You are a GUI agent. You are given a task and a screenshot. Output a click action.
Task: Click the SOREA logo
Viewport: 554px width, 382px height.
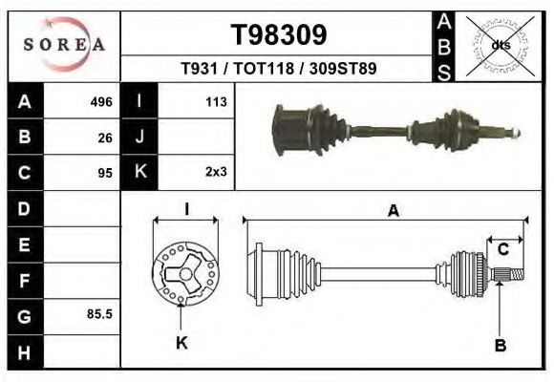[x=63, y=45]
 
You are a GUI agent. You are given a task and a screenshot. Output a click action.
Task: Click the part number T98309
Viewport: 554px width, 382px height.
[x=279, y=34]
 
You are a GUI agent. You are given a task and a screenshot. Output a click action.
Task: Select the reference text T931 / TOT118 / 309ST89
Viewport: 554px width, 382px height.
[x=278, y=70]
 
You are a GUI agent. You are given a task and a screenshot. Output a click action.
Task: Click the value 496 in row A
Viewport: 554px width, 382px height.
[x=101, y=101]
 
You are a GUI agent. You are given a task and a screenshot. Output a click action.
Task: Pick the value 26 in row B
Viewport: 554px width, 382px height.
[x=105, y=138]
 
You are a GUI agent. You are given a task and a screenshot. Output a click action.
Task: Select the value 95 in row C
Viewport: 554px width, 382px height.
[x=105, y=173]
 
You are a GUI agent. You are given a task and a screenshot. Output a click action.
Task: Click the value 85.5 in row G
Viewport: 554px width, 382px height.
[x=100, y=313]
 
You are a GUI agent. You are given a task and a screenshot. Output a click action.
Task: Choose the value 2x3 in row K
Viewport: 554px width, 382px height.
[x=215, y=173]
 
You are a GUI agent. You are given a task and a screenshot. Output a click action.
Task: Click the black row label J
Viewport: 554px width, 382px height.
[x=139, y=137]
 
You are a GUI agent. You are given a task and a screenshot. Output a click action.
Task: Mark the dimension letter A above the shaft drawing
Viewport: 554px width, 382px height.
[x=393, y=211]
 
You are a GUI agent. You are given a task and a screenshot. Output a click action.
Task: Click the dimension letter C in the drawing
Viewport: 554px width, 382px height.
[x=502, y=250]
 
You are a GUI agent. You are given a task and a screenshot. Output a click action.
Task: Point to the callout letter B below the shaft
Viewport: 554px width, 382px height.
[x=500, y=345]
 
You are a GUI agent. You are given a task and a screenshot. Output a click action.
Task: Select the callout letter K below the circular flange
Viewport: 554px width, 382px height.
[x=181, y=342]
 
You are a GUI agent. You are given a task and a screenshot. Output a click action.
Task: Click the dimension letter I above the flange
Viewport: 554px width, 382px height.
[x=186, y=208]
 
